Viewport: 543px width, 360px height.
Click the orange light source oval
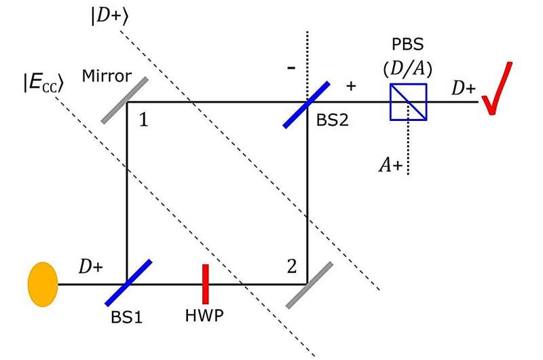[x=41, y=284]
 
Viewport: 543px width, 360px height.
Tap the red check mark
[x=497, y=86]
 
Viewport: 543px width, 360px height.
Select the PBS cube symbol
[x=408, y=102]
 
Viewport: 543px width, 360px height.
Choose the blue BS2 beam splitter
[x=307, y=104]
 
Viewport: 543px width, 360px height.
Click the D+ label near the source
[x=90, y=267]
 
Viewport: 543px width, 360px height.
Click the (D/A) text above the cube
[x=408, y=68]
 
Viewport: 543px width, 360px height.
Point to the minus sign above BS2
[x=292, y=69]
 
